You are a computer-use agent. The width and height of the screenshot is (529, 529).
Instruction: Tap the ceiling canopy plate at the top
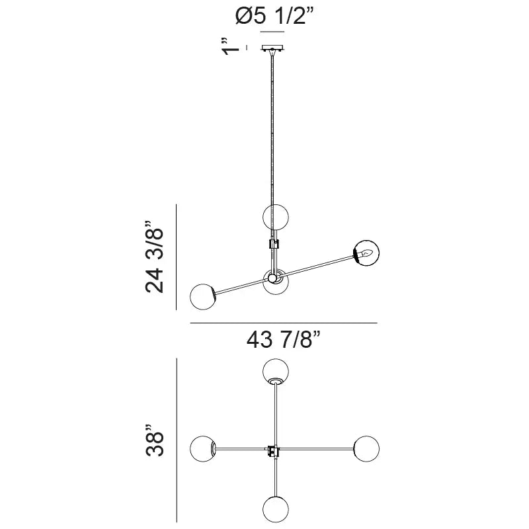[x=273, y=48]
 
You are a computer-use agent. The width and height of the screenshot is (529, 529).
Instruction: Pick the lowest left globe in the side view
[x=202, y=296]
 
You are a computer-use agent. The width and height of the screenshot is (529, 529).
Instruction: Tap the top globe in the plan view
[x=275, y=371]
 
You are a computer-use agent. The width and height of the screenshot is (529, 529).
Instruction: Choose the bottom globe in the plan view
[x=275, y=510]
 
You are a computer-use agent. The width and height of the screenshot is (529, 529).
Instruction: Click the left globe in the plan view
[x=202, y=449]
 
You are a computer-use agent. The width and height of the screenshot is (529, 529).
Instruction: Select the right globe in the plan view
[x=365, y=449]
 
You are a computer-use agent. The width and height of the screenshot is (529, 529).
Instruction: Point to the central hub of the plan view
[x=272, y=450]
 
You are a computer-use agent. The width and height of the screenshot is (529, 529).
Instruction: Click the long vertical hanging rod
[x=272, y=132]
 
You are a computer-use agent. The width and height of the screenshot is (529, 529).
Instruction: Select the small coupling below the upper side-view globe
[x=273, y=243]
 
